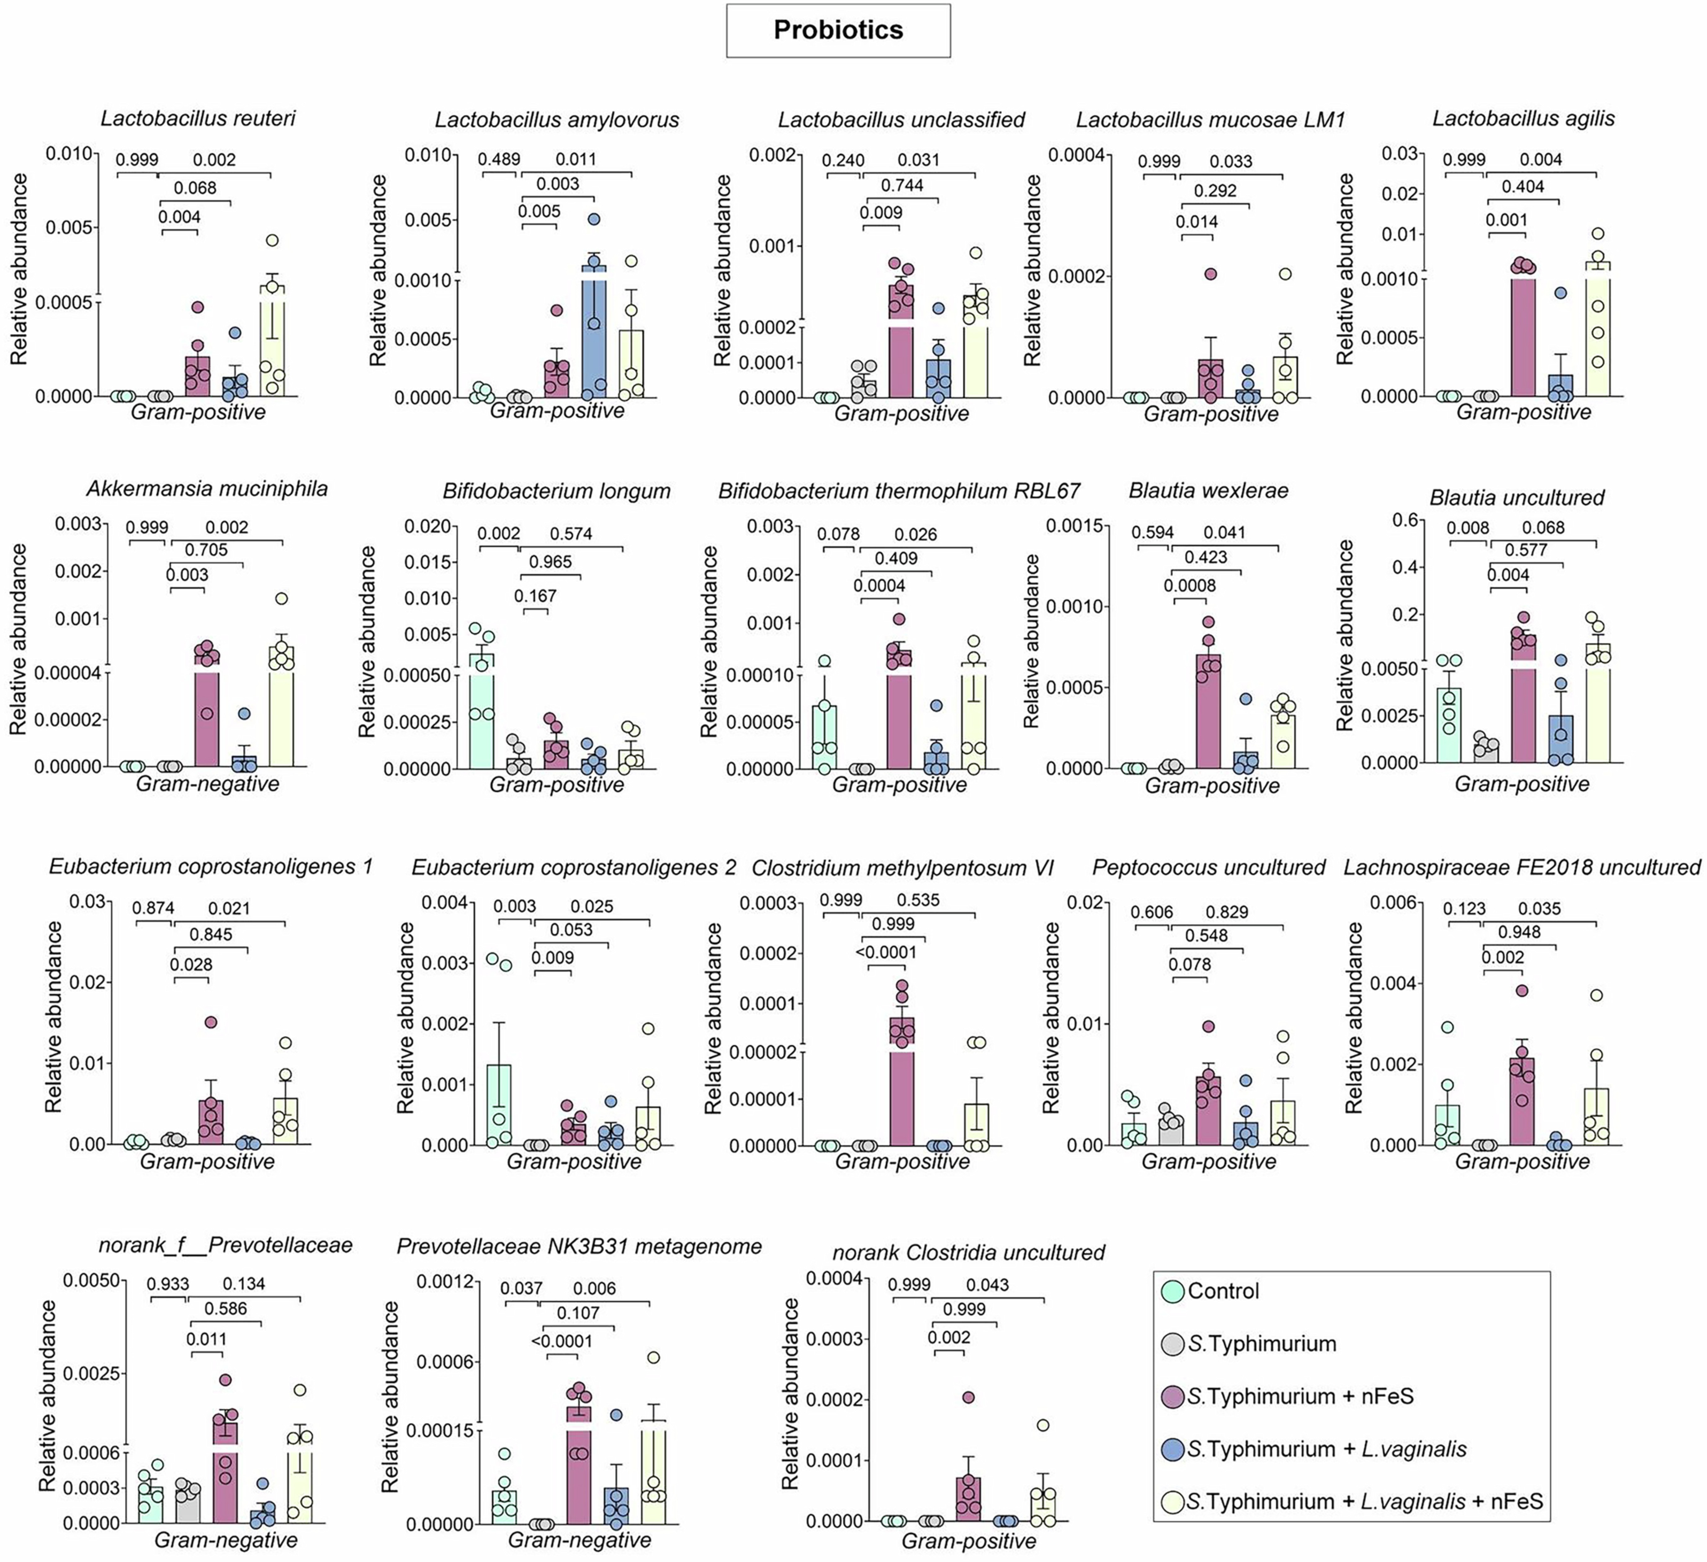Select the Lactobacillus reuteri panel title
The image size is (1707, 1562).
(198, 119)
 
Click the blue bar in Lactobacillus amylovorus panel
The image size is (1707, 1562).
(594, 339)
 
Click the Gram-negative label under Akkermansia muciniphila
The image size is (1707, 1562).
(208, 784)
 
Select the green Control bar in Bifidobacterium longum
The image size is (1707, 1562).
(482, 711)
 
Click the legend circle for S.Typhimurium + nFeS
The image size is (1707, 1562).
(1173, 1396)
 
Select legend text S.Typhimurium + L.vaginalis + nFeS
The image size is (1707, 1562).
(1365, 1502)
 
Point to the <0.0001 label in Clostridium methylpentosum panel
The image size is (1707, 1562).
(886, 952)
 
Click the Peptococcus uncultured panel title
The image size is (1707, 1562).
(1208, 868)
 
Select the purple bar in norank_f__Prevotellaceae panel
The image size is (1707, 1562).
(225, 1473)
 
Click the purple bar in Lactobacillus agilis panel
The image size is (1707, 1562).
(1523, 334)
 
